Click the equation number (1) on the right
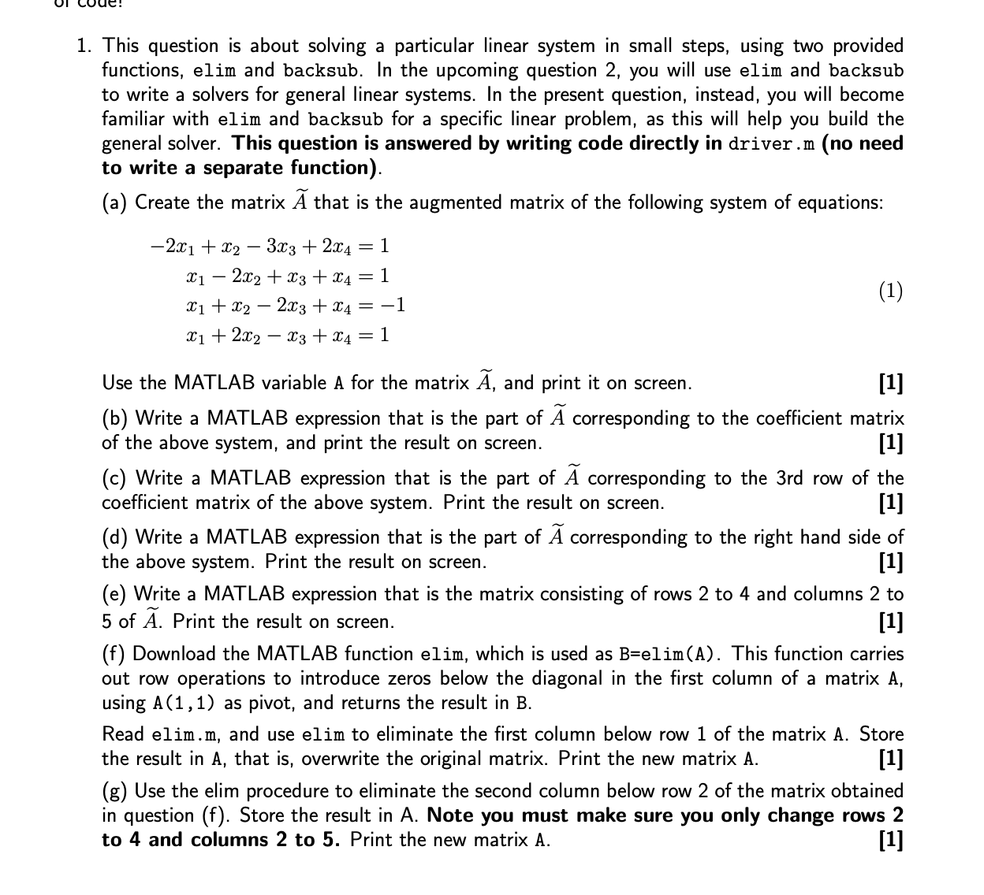point(890,291)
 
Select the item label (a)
point(115,203)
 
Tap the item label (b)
point(115,418)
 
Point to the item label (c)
point(115,478)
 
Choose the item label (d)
point(115,537)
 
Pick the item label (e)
point(115,594)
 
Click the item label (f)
point(114,654)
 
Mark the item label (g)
point(115,791)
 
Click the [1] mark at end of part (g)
point(890,840)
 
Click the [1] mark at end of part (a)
point(890,384)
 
